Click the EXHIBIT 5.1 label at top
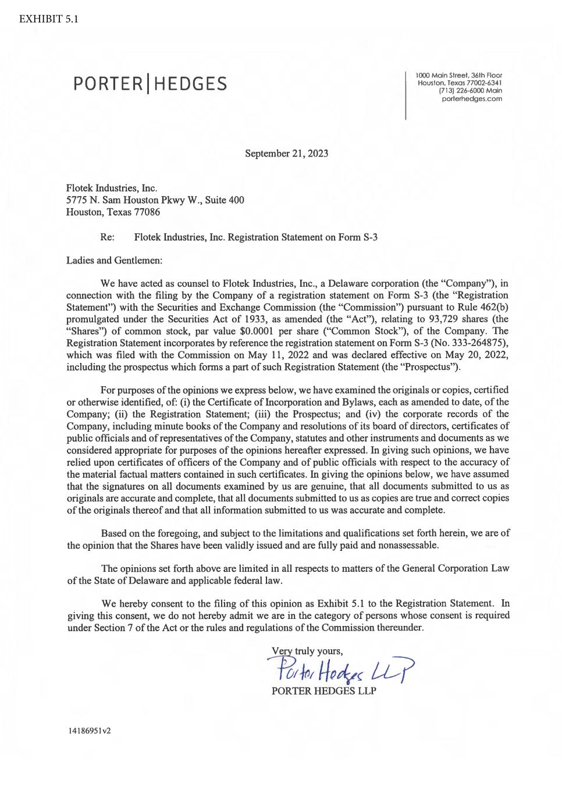point(49,18)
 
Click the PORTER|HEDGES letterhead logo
point(150,85)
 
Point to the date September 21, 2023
point(286,154)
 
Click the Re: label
point(107,237)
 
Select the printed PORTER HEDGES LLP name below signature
point(323,691)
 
